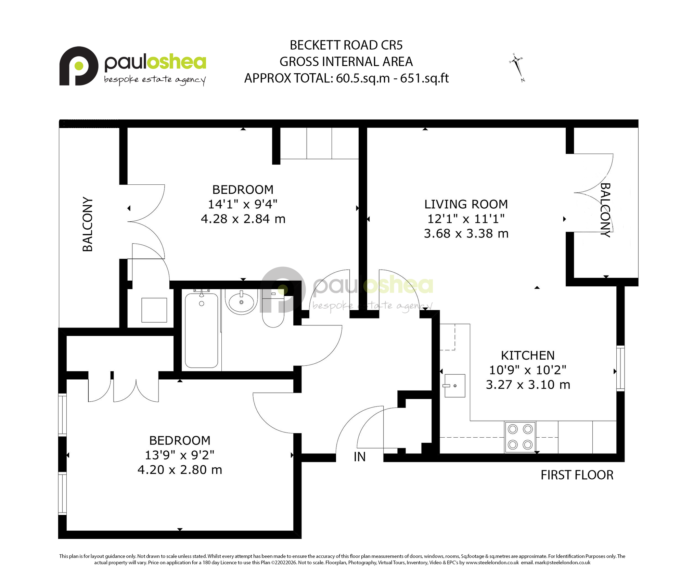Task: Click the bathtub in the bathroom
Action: (202, 330)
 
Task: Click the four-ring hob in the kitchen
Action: (520, 437)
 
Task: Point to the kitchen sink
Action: (455, 386)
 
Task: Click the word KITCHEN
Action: (528, 356)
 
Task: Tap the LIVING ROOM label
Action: (466, 204)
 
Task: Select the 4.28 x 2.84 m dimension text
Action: (243, 219)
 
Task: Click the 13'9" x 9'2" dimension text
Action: (180, 455)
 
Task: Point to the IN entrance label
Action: (360, 457)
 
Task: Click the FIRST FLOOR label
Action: (577, 475)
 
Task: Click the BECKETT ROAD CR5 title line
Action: (346, 45)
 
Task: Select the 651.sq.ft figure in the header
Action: (424, 78)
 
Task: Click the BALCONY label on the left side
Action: (88, 224)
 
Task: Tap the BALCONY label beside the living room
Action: (605, 210)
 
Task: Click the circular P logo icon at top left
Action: (79, 66)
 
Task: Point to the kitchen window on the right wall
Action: (620, 369)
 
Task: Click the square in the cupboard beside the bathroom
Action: (154, 310)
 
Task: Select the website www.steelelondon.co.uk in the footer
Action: (492, 563)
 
